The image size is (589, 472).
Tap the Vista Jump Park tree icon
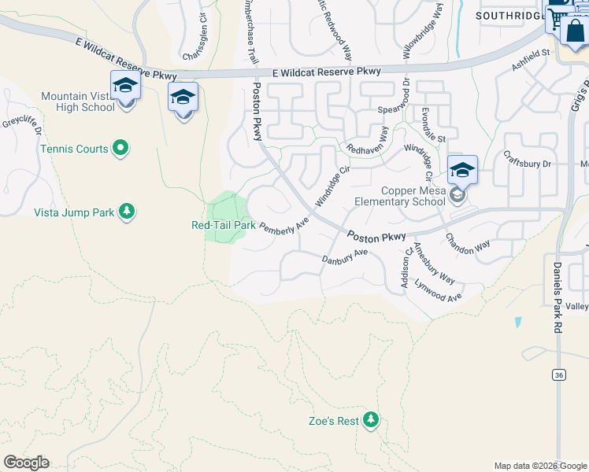pos(126,212)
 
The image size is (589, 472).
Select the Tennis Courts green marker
pos(120,147)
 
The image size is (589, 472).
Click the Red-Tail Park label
pos(224,225)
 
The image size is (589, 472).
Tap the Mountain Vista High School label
pos(78,101)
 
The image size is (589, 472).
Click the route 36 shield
pos(558,375)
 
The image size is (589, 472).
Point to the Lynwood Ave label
pos(438,291)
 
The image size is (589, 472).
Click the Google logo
pos(26,463)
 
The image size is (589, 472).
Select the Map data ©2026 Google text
pos(540,466)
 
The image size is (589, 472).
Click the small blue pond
pos(517,322)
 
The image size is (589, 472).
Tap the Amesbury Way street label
pos(434,264)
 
